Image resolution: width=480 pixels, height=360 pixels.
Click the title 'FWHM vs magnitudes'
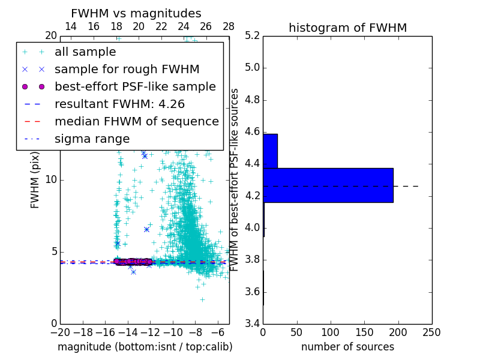136,13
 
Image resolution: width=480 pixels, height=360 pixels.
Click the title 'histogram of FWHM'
347,28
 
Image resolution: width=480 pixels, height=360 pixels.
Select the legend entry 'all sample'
85,52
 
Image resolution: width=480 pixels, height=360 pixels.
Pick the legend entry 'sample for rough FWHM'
127,70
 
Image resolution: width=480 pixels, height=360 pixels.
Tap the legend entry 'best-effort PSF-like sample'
135,86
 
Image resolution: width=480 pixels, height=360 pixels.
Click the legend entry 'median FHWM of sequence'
136,121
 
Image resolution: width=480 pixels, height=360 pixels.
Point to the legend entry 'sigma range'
92,139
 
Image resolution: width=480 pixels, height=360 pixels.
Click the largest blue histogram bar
328,185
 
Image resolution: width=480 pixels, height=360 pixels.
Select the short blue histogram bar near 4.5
270,151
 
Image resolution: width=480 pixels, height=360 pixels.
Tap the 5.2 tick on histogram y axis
253,35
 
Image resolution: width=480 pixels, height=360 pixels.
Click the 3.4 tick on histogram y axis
253,323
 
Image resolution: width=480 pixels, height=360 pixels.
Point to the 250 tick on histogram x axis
432,332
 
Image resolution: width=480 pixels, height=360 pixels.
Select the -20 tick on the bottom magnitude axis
60,332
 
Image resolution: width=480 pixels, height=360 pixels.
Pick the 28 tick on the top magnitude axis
229,26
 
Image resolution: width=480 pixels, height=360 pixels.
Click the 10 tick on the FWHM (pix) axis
50,179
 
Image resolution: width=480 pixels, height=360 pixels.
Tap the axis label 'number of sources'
347,347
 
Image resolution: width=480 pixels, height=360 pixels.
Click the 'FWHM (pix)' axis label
35,179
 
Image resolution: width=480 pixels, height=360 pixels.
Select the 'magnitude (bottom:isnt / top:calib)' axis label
145,347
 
